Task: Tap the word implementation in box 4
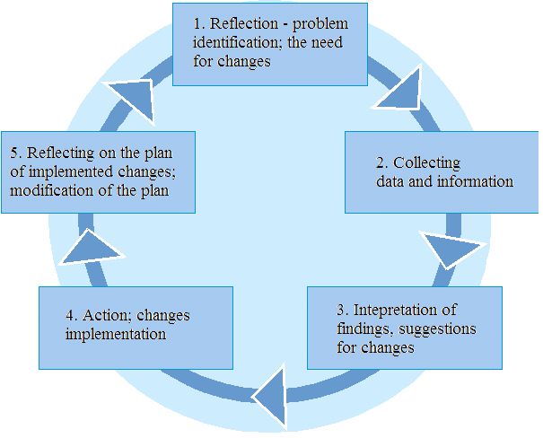point(115,335)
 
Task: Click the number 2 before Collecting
point(381,163)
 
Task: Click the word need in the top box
point(330,43)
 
